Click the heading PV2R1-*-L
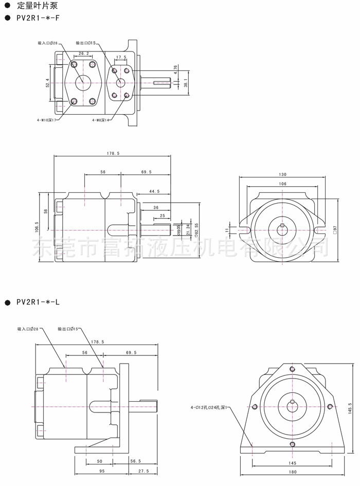38,302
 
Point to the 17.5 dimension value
121,58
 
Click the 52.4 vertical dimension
47,83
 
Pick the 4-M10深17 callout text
47,120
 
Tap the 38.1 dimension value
186,82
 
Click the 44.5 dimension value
154,191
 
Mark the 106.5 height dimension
37,226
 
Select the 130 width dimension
282,174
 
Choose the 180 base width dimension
293,472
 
